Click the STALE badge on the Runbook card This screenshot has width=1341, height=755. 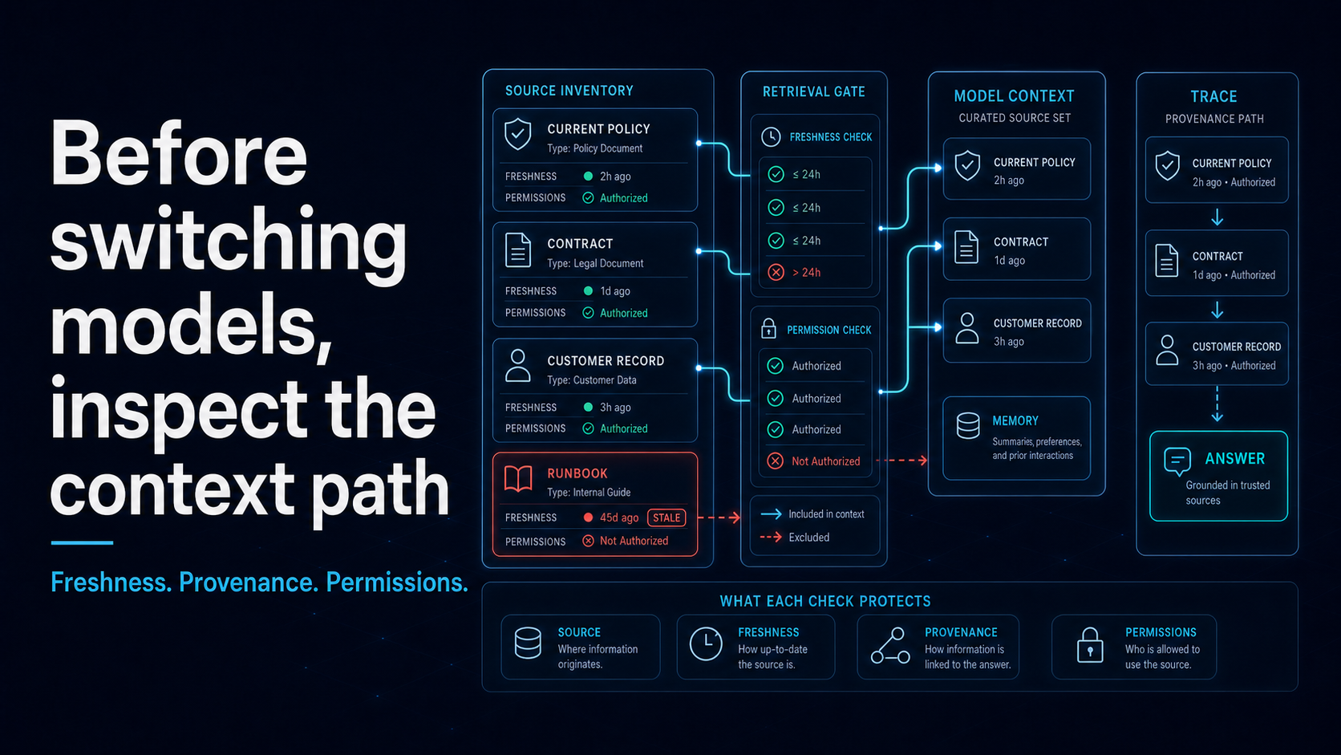pyautogui.click(x=666, y=518)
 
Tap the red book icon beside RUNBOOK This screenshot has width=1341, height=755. pyautogui.click(x=518, y=479)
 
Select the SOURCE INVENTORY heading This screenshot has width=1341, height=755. pyautogui.click(x=569, y=91)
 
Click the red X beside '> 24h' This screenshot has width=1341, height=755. pyautogui.click(x=776, y=273)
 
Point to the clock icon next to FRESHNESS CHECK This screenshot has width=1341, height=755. pyautogui.click(x=771, y=137)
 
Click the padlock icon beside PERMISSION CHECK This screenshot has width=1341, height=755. pyautogui.click(x=768, y=329)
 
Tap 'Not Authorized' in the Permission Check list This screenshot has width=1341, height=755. pyautogui.click(x=825, y=461)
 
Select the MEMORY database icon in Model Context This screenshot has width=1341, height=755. pyautogui.click(x=968, y=426)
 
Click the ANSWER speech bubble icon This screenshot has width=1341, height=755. pyautogui.click(x=1177, y=461)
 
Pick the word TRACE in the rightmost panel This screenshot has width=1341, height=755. pyautogui.click(x=1213, y=96)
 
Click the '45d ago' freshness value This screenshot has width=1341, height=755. pyautogui.click(x=619, y=518)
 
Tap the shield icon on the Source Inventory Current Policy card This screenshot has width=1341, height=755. pyautogui.click(x=518, y=133)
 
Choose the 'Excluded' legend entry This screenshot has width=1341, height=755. pyautogui.click(x=808, y=538)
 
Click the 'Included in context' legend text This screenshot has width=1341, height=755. pyautogui.click(x=826, y=514)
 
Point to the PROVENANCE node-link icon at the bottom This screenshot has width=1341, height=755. pyautogui.click(x=890, y=645)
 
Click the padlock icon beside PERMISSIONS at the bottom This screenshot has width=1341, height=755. pyautogui.click(x=1090, y=645)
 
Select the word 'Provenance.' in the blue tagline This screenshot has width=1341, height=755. pyautogui.click(x=249, y=582)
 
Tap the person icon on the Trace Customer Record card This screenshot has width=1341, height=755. pyautogui.click(x=1167, y=351)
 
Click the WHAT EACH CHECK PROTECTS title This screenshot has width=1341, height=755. pyautogui.click(x=825, y=601)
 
